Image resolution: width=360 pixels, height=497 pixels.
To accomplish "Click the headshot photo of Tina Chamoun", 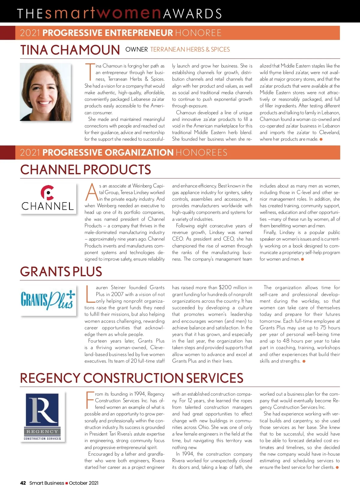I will (45, 92).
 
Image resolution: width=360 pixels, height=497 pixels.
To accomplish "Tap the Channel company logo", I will (47, 198).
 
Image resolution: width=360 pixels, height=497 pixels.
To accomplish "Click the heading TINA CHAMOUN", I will (70, 50).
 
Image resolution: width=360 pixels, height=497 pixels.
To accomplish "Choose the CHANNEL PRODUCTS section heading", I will (85, 170).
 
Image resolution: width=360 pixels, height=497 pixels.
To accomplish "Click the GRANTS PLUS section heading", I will (61, 272).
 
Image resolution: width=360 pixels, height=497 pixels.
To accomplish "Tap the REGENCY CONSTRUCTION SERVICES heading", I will (131, 378).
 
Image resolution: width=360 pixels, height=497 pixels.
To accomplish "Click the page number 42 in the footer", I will (23, 483).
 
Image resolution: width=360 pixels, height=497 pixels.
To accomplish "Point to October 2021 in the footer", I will (84, 483).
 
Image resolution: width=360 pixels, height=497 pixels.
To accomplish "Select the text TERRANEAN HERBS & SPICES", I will (190, 49).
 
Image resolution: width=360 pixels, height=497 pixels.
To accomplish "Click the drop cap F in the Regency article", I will (90, 400).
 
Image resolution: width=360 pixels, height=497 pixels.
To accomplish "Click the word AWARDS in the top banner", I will (192, 14).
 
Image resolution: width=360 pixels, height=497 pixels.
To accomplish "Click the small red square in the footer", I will (67, 483).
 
